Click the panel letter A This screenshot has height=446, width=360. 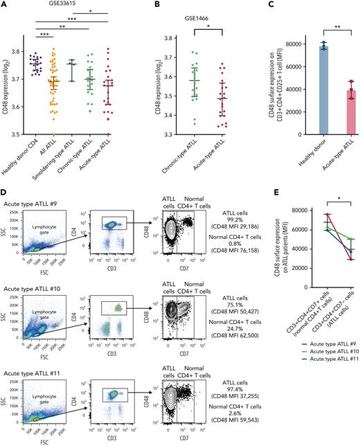[5, 5]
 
